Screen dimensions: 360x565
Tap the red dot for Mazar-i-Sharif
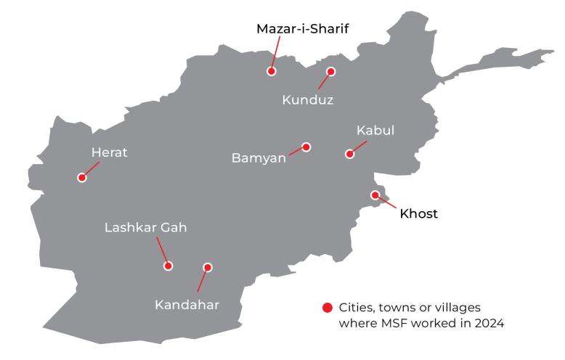pyautogui.click(x=272, y=71)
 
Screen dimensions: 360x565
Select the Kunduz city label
pyautogui.click(x=307, y=100)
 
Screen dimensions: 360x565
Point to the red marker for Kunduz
pyautogui.click(x=331, y=71)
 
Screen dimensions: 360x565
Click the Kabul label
pyautogui.click(x=375, y=131)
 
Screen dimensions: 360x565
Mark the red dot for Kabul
pyautogui.click(x=349, y=154)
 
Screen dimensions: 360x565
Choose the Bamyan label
pyautogui.click(x=259, y=157)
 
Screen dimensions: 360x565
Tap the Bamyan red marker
pyautogui.click(x=306, y=147)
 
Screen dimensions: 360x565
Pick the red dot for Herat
pyautogui.click(x=82, y=177)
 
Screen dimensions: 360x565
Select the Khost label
pyautogui.click(x=419, y=214)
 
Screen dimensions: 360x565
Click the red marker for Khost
pyautogui.click(x=375, y=195)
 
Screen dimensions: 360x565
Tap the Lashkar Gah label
pyautogui.click(x=146, y=228)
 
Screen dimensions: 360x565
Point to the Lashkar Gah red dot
pyautogui.click(x=168, y=266)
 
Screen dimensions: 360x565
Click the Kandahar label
pyautogui.click(x=187, y=304)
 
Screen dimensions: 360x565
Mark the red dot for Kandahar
pyautogui.click(x=208, y=267)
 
